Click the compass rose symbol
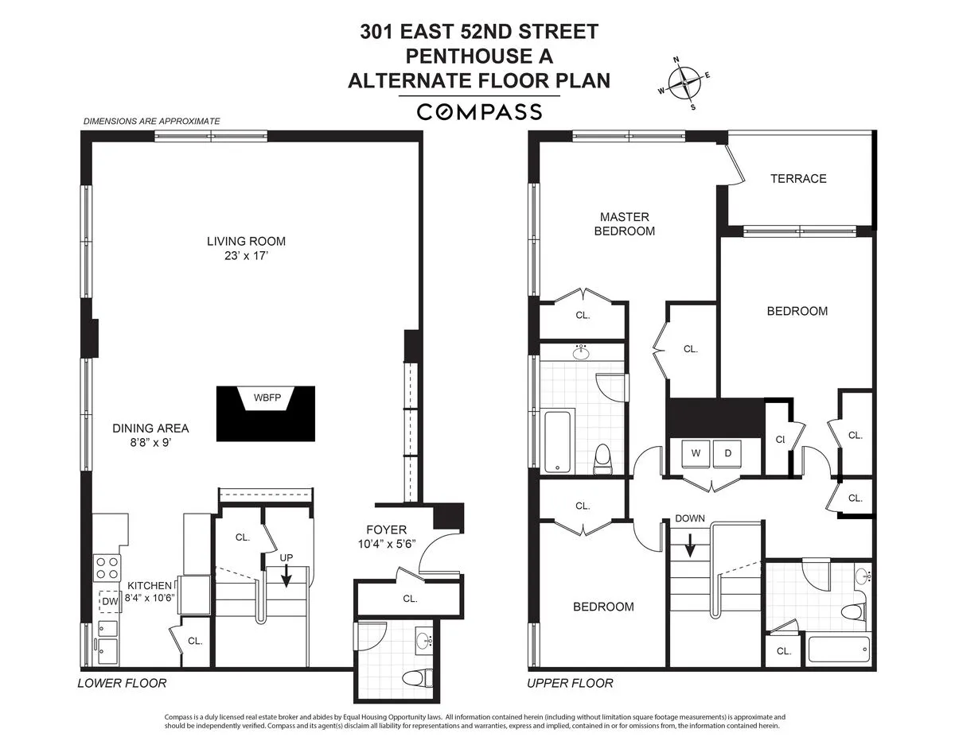[684, 83]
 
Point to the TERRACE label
[798, 179]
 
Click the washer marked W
[696, 453]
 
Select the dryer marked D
[727, 453]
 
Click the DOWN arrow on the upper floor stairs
[690, 544]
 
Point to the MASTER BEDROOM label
[625, 223]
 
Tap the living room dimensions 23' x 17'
[246, 255]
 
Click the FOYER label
[386, 529]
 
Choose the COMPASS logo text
[479, 111]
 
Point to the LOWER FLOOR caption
[122, 683]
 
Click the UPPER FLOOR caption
[571, 683]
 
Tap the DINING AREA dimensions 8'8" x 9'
[150, 443]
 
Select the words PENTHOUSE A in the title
[479, 56]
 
